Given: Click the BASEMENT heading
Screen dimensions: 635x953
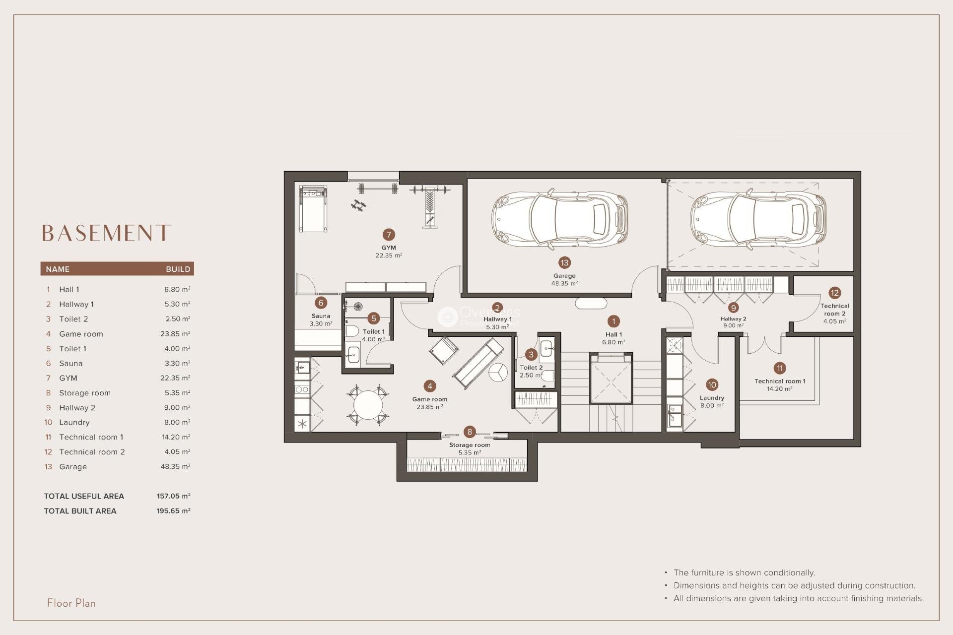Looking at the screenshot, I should point(106,233).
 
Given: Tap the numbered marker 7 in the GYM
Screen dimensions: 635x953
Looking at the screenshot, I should point(389,235).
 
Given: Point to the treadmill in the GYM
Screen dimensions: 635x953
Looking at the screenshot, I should point(313,208).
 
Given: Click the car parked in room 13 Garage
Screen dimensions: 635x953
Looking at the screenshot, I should point(560,218).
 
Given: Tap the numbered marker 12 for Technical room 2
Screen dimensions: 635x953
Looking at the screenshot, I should point(834,293).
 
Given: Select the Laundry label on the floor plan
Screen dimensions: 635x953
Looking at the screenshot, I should point(712,398).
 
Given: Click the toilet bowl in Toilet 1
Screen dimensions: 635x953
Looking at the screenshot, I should point(352,331).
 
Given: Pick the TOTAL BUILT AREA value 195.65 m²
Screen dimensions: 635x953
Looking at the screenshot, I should point(173,510).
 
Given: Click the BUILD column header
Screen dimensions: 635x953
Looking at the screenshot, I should point(178,269).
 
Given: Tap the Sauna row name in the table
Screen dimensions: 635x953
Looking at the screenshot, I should point(71,363).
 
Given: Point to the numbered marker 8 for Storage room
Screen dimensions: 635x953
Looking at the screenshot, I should point(470,432).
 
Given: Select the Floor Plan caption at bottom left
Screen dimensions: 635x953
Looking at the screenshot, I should point(71,603).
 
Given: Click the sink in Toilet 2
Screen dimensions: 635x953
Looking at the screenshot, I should point(546,347).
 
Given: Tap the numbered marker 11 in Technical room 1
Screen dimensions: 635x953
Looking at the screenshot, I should point(779,368).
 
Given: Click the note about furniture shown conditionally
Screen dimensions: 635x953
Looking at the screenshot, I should point(744,572).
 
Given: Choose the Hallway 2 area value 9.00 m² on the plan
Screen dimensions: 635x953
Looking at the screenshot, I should point(733,326).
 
